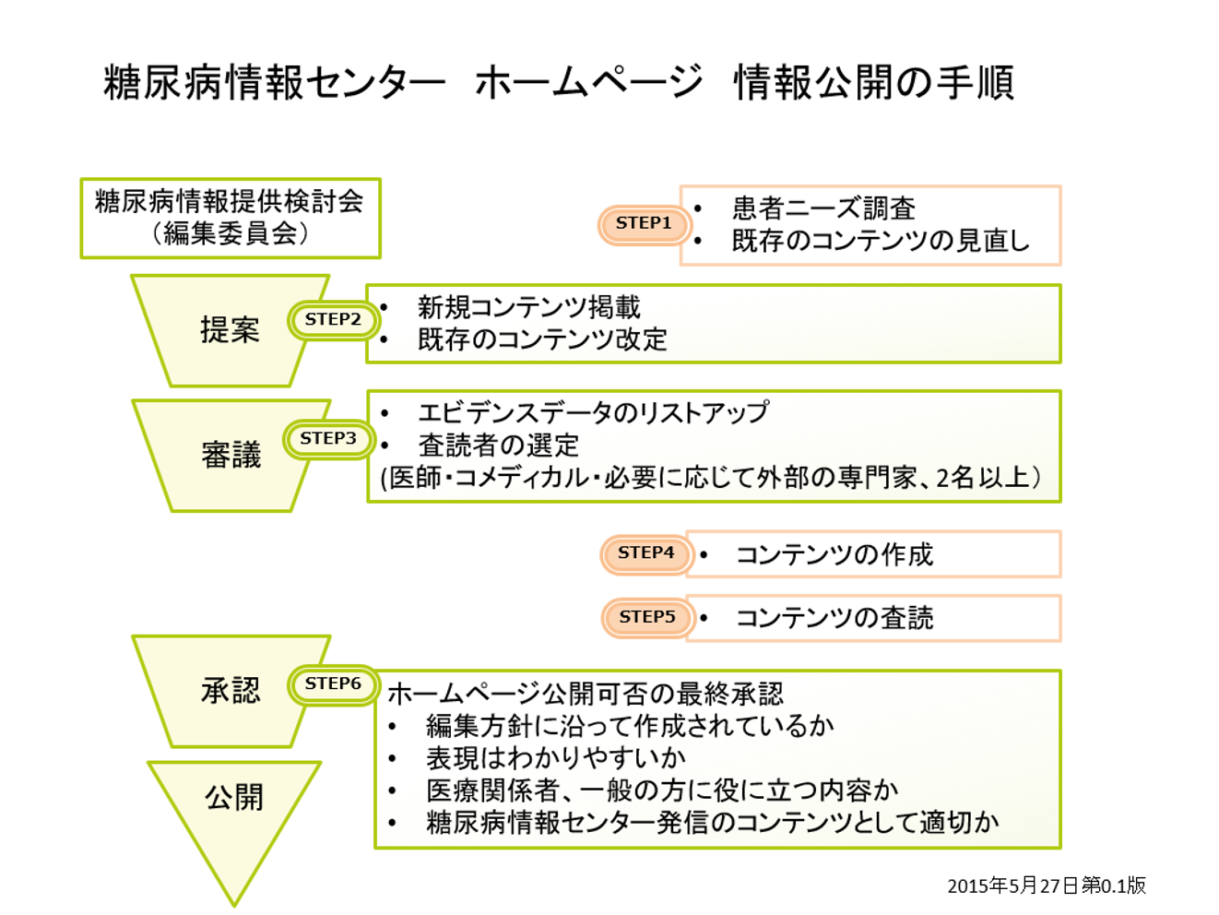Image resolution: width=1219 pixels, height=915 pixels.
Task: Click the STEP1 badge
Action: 644,224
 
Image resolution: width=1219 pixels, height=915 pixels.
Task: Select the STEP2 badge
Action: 333,320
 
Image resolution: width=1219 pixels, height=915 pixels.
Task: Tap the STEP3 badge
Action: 328,439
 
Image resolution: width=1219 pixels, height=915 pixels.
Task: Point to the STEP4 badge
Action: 645,553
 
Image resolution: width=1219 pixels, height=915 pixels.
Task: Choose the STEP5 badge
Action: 646,617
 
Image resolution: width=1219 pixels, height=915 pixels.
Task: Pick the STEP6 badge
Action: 333,684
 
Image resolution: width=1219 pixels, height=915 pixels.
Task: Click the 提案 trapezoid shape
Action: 230,330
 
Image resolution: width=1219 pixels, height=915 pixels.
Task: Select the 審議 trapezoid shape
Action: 231,455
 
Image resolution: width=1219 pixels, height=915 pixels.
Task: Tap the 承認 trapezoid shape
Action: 231,691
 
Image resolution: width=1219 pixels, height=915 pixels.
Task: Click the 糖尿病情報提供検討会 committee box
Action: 231,218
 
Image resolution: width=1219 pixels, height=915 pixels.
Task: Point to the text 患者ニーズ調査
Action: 823,208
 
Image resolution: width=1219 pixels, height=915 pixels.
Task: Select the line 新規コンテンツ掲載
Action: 528,307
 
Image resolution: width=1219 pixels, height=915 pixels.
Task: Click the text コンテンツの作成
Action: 834,554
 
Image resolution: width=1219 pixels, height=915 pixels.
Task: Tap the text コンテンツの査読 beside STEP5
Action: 834,618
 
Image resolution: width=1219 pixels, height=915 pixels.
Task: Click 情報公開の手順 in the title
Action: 873,83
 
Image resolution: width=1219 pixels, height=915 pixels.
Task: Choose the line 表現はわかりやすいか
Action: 555,758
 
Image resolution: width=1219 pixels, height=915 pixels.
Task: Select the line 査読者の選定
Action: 498,446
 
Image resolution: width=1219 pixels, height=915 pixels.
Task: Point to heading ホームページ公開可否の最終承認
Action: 585,694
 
